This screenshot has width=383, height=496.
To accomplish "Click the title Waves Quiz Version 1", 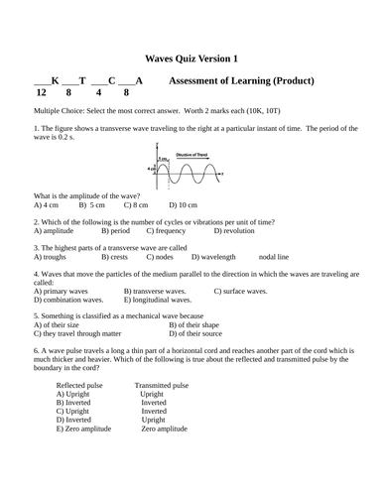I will coord(191,60).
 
